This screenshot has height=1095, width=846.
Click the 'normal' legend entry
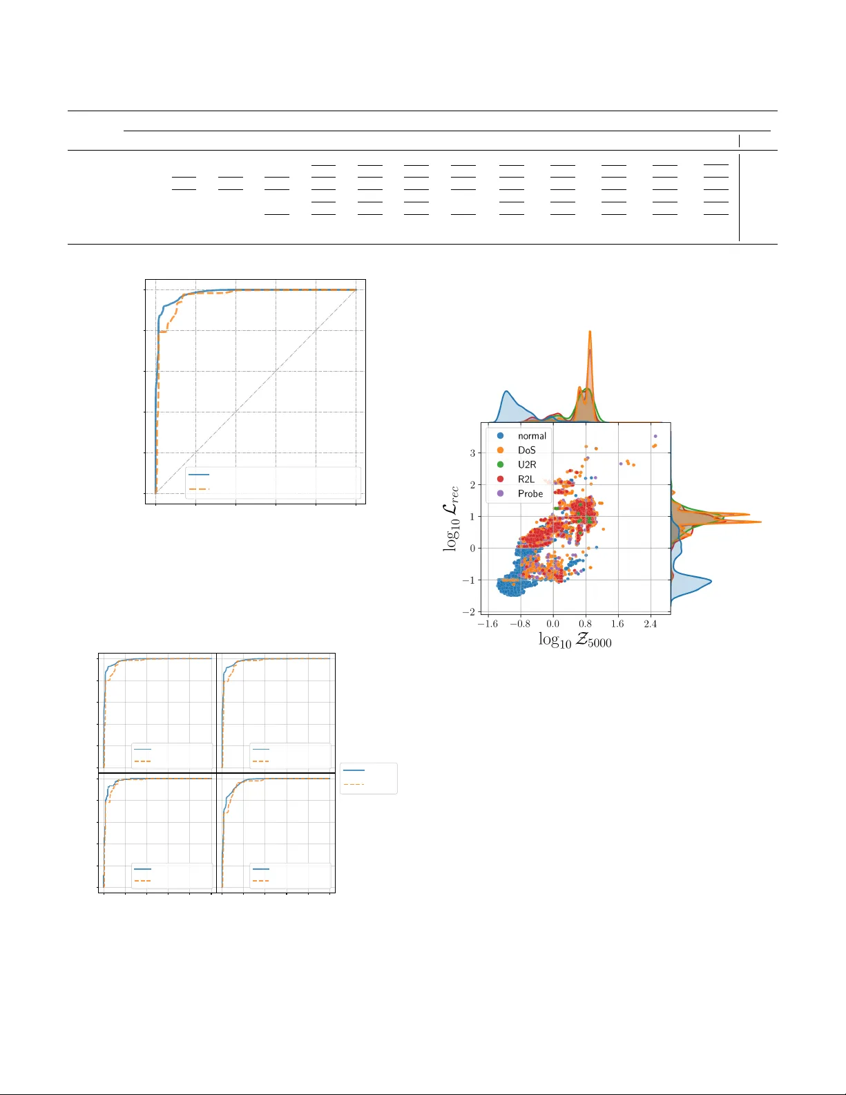point(521,436)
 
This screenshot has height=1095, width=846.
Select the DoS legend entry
point(517,450)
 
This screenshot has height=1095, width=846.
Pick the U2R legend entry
point(517,465)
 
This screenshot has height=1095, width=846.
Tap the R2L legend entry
point(516,479)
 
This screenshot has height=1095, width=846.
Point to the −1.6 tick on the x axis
point(488,624)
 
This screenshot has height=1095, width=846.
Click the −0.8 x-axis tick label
point(520,624)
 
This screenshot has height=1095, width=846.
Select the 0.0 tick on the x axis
point(553,624)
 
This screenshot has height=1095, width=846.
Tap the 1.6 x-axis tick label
point(618,624)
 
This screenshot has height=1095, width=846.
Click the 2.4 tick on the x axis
point(651,624)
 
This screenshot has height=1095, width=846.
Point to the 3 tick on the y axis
point(472,453)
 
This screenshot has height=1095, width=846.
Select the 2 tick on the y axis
point(472,485)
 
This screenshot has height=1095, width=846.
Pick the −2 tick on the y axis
point(469,611)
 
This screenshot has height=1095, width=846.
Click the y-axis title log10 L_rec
point(451,519)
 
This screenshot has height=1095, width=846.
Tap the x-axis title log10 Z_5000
point(575,640)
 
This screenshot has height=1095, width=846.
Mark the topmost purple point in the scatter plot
point(655,437)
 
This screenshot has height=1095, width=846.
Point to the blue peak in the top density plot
point(507,392)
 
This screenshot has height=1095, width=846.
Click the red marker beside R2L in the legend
point(500,479)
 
